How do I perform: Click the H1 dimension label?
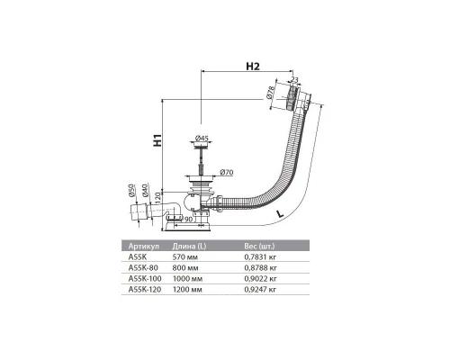pyautogui.click(x=157, y=140)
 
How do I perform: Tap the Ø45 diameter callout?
pyautogui.click(x=203, y=138)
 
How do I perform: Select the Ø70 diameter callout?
pyautogui.click(x=226, y=170)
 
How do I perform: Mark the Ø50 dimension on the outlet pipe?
pyautogui.click(x=131, y=189)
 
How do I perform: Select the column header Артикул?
pyautogui.click(x=146, y=245)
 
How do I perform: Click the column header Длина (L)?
pyautogui.click(x=198, y=245)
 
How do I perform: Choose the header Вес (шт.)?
pyautogui.click(x=262, y=245)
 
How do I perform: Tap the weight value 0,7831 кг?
pyautogui.click(x=261, y=256)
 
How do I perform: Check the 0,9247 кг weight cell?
pyautogui.click(x=261, y=290)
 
